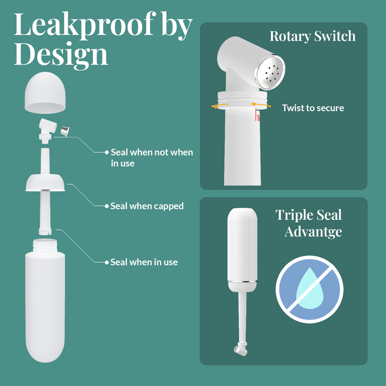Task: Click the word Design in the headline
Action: [61, 55]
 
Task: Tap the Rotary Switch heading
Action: [313, 36]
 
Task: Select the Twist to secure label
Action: [313, 108]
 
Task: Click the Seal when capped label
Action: [147, 206]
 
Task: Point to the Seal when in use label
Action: [144, 262]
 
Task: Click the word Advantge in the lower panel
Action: [313, 232]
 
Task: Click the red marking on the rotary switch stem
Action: [257, 115]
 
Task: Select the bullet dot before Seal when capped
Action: [107, 206]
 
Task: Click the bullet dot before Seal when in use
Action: [107, 262]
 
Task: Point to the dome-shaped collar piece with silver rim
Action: [45, 183]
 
